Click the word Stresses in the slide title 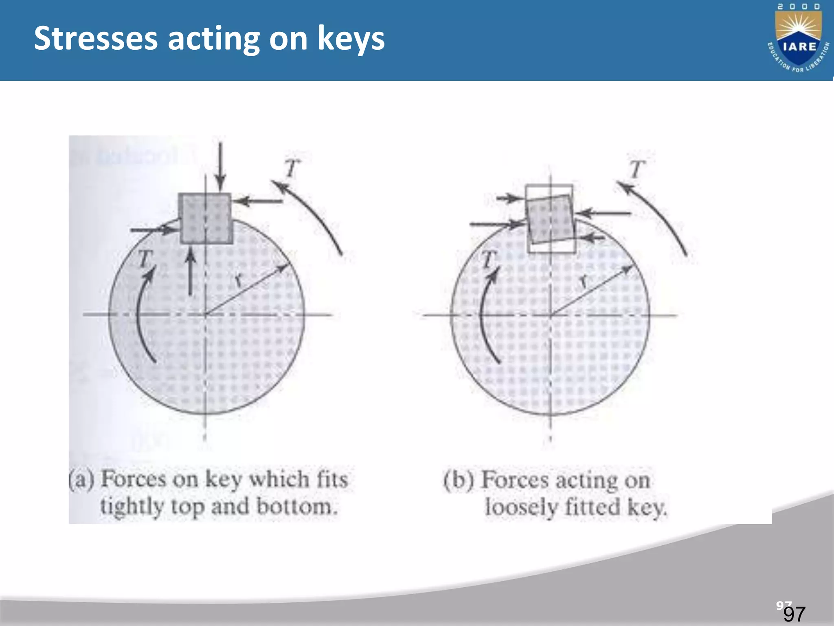[x=95, y=39]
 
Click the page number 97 [x=794, y=614]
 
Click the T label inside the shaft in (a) [x=145, y=258]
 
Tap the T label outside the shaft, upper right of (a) [x=292, y=168]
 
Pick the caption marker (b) [x=459, y=480]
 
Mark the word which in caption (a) [x=279, y=479]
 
